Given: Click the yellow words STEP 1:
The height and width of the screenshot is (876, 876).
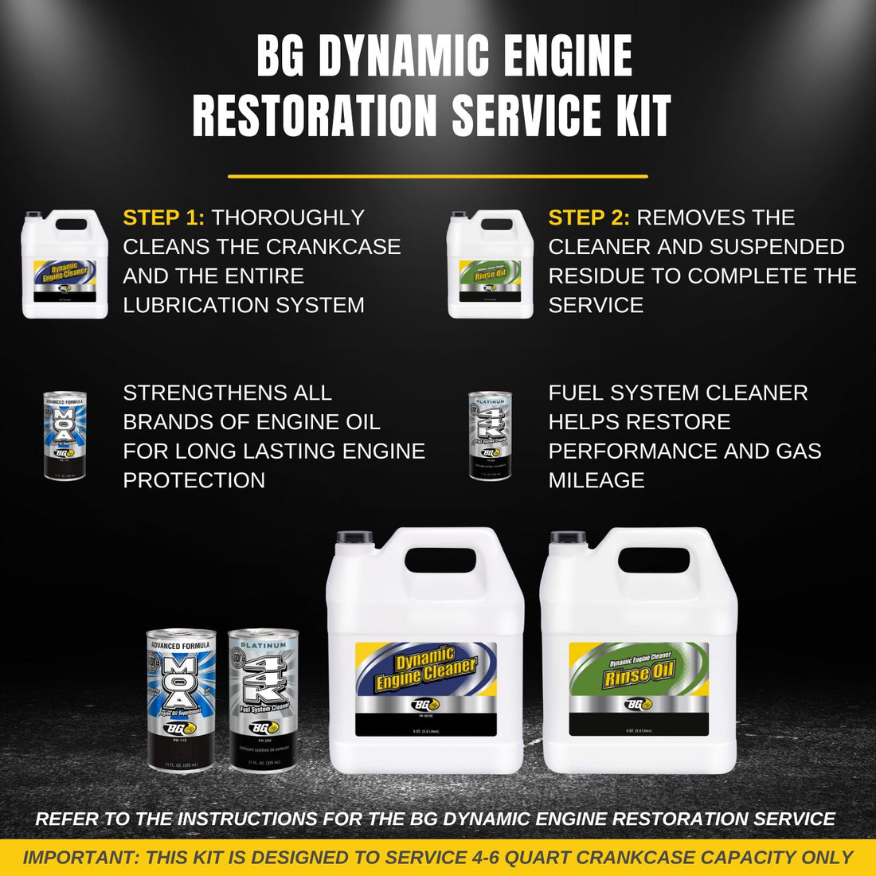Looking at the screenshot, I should click(x=164, y=217).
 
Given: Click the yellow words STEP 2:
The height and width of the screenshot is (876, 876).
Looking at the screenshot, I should click(x=589, y=217).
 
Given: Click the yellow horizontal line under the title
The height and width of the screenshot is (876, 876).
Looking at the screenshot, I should click(x=437, y=176).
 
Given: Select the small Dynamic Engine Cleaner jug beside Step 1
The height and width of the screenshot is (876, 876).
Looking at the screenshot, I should click(x=65, y=264).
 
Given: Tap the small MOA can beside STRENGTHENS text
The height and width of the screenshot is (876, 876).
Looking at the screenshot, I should click(x=65, y=436).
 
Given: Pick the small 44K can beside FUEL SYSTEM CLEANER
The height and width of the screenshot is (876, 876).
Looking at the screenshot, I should click(x=490, y=436).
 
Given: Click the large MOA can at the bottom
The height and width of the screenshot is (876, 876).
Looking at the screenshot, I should click(x=181, y=698).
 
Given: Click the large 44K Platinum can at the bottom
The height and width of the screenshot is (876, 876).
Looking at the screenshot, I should click(x=263, y=698).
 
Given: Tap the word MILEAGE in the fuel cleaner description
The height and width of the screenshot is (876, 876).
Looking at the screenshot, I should click(x=596, y=480).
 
